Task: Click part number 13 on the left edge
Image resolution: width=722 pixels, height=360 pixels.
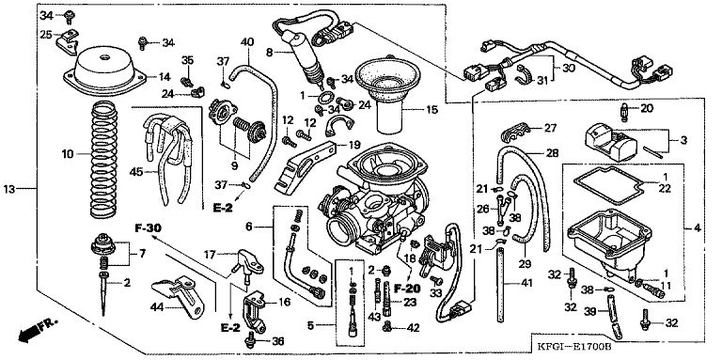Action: pos(9,189)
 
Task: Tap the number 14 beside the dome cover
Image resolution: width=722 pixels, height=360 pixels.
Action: pos(164,77)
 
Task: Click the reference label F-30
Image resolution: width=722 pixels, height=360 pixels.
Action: pos(149,227)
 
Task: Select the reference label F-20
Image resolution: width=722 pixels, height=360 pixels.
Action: pos(407,289)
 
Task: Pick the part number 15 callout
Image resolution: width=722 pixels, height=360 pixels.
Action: pos(432,110)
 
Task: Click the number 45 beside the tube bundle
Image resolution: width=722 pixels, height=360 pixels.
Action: pos(136,172)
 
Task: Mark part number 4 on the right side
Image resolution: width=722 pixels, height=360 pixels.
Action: pos(698,227)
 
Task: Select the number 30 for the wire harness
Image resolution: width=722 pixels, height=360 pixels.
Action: pos(569,67)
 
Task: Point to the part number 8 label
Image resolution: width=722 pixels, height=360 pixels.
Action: pos(270,53)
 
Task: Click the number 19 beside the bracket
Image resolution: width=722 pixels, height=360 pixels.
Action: pos(354,146)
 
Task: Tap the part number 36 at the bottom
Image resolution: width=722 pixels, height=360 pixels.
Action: pos(277,341)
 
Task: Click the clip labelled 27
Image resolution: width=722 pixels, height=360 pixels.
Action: pos(513,133)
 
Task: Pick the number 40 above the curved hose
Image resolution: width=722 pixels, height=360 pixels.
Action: pos(247,42)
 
